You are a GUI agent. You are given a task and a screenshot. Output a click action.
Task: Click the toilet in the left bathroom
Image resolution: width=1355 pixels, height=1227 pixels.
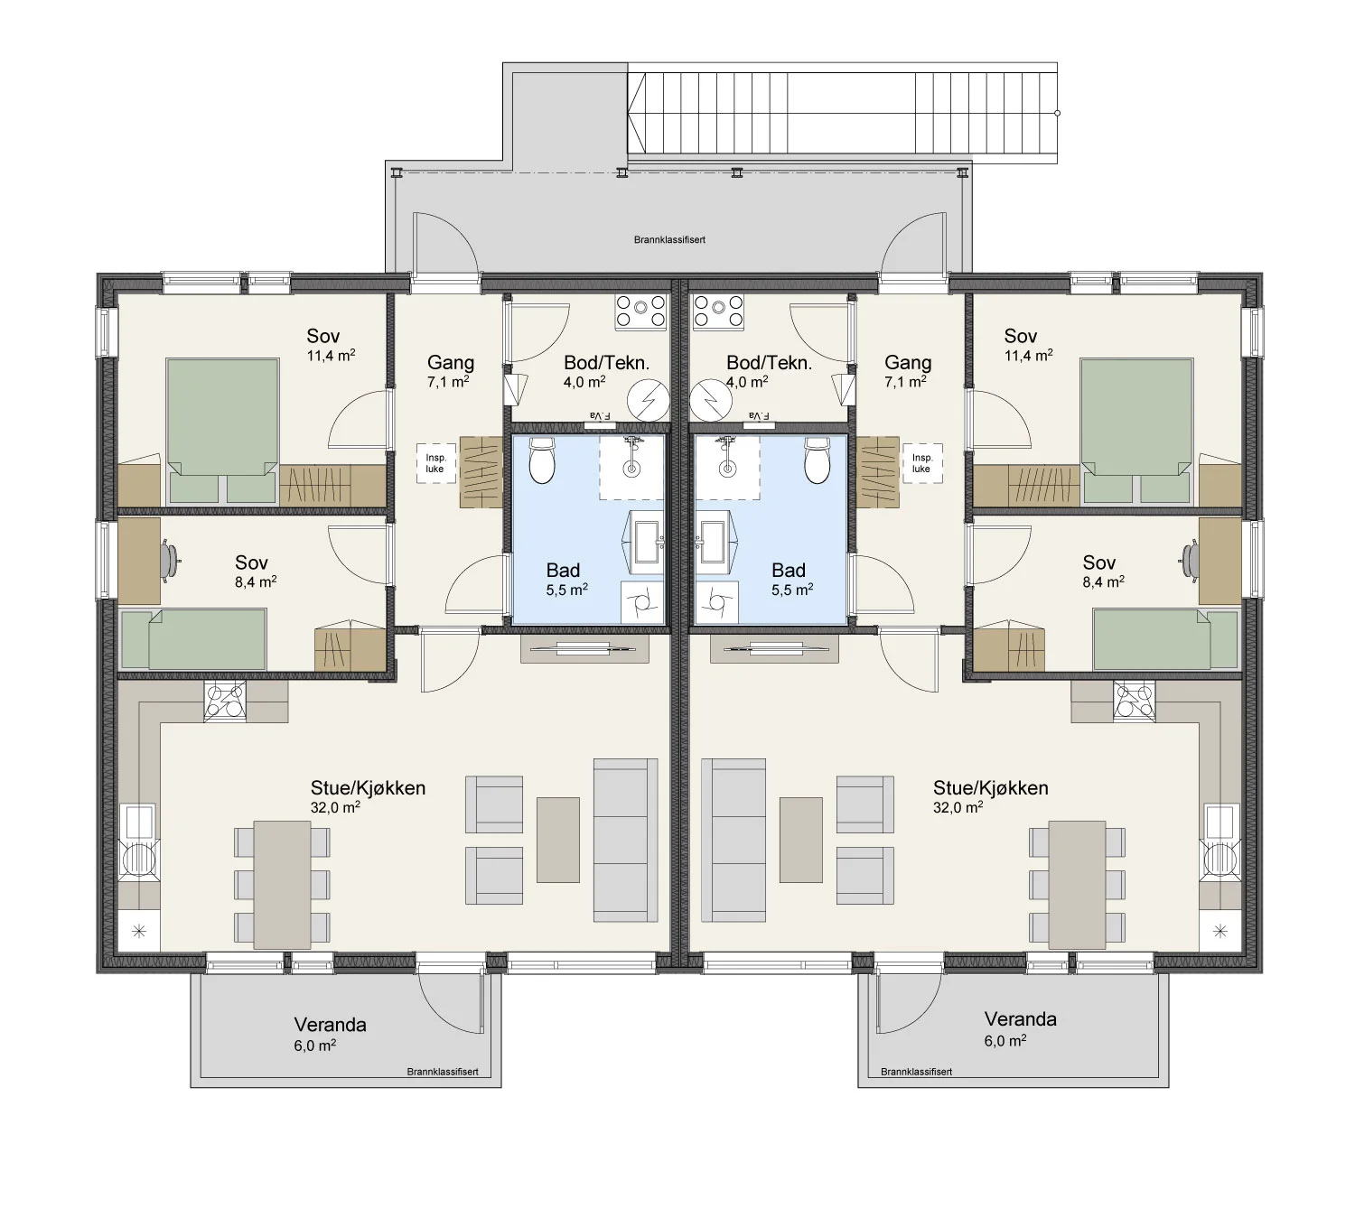pyautogui.click(x=542, y=460)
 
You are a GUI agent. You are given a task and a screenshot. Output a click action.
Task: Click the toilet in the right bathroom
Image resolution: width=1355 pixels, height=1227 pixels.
pyautogui.click(x=818, y=460)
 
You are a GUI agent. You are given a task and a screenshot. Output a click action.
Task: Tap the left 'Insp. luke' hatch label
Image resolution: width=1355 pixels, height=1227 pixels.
pyautogui.click(x=435, y=463)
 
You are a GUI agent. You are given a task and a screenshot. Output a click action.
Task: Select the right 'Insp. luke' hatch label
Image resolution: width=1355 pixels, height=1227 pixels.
pyautogui.click(x=921, y=463)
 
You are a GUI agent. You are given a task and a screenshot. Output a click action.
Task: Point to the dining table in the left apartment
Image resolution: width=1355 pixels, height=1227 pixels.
pyautogui.click(x=283, y=884)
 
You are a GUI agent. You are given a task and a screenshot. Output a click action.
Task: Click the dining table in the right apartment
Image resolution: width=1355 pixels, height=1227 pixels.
pyautogui.click(x=1077, y=884)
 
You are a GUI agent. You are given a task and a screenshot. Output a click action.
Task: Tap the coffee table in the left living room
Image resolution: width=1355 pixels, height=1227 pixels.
pyautogui.click(x=558, y=840)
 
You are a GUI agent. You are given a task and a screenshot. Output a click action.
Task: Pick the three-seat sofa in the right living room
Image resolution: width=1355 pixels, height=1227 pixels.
pyautogui.click(x=734, y=840)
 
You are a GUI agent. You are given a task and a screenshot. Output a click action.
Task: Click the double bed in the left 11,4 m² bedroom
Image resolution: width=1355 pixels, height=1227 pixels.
pyautogui.click(x=223, y=431)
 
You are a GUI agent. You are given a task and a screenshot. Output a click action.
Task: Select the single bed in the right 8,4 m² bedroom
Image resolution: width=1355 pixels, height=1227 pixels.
pyautogui.click(x=1166, y=639)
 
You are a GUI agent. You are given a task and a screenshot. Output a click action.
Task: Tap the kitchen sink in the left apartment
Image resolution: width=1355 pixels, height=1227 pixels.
pyautogui.click(x=139, y=821)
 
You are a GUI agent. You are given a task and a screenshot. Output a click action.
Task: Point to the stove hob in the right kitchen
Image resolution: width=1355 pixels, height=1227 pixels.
pyautogui.click(x=1134, y=701)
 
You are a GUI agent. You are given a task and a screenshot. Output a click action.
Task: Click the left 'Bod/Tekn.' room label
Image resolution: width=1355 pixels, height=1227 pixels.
pyautogui.click(x=606, y=363)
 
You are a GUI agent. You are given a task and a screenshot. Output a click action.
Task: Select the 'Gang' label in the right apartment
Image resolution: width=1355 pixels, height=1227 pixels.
pyautogui.click(x=908, y=363)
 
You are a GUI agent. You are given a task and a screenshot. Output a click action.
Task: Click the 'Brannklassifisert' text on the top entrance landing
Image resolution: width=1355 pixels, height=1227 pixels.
pyautogui.click(x=669, y=240)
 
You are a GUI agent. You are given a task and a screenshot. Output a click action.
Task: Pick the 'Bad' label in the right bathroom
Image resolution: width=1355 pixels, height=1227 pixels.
pyautogui.click(x=789, y=570)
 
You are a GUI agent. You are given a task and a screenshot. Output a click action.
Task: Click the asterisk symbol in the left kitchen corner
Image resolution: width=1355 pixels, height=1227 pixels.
pyautogui.click(x=139, y=932)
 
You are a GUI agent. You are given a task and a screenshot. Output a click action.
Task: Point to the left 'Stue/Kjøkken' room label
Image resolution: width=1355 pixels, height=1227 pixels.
pyautogui.click(x=369, y=788)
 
